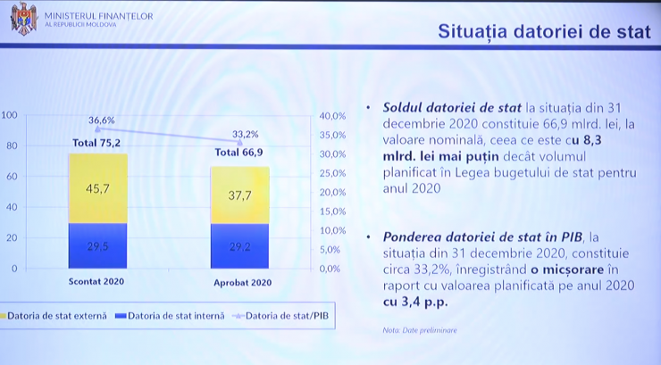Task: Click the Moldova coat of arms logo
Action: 24,18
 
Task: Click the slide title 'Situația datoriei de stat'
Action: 544,31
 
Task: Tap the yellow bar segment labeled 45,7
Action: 97,188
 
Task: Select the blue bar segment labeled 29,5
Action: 97,245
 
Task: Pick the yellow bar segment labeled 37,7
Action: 240,195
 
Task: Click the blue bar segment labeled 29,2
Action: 240,246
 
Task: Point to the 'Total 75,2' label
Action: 96,143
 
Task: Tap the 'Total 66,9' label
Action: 239,152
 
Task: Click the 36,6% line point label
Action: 102,120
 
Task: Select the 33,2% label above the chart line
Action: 246,134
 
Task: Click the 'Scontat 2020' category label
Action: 96,281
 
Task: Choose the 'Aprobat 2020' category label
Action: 242,283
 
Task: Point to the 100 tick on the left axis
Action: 9,115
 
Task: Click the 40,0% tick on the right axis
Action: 332,116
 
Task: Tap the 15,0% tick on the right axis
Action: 332,212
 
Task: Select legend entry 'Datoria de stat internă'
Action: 171,316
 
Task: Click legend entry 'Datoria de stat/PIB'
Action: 280,316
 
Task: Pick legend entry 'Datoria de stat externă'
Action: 53,316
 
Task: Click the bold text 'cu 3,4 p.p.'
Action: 415,302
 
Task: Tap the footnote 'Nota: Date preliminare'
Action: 420,330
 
